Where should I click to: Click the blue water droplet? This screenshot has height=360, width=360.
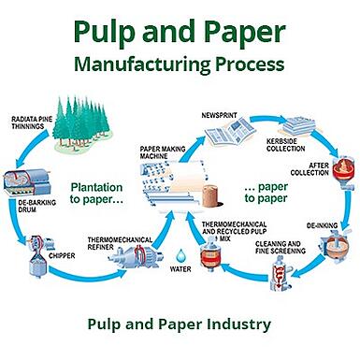click(x=180, y=258)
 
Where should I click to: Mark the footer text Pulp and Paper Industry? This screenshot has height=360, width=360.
click(x=180, y=324)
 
